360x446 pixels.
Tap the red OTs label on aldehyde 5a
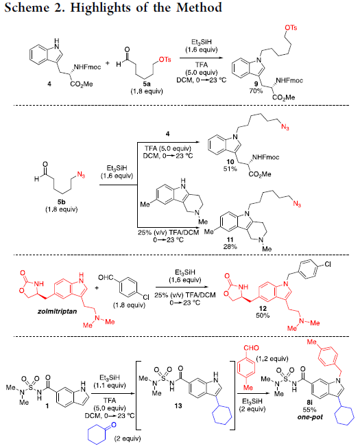tap(165, 60)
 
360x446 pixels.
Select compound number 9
tap(256, 84)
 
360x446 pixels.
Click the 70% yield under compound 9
tap(256, 91)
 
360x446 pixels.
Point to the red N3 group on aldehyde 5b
tap(81, 175)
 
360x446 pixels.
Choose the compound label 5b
tap(62, 202)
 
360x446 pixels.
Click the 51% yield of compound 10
tap(230, 169)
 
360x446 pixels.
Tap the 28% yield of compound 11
tap(230, 246)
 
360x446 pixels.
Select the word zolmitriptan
tap(57, 312)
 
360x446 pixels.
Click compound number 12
tap(263, 308)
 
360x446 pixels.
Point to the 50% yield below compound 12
tap(263, 316)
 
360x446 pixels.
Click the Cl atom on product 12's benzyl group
tap(328, 265)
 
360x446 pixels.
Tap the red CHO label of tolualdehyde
tap(251, 348)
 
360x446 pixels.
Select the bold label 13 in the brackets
tap(178, 406)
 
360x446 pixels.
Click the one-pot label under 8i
tap(310, 417)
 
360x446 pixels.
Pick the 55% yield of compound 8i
tap(309, 410)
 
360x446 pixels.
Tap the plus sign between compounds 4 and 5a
tap(108, 63)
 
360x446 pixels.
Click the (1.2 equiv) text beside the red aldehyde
tap(272, 359)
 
